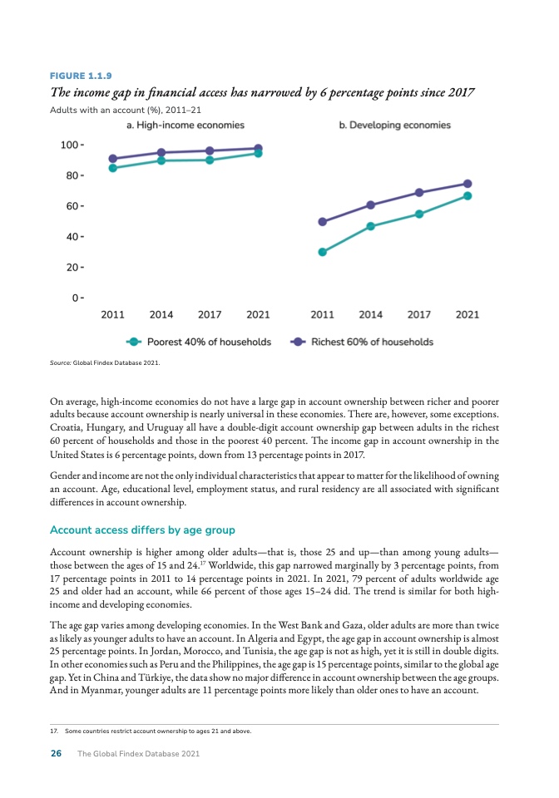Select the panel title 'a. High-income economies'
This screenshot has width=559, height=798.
[185, 125]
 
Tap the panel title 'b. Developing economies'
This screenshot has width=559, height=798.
[394, 125]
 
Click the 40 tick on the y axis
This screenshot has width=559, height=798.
[72, 236]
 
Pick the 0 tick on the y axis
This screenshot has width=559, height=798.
[75, 297]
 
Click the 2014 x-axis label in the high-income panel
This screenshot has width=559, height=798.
[161, 315]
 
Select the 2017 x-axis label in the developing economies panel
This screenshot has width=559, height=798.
[418, 315]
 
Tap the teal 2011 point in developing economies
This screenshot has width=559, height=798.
[322, 252]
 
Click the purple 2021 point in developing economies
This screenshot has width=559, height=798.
[467, 184]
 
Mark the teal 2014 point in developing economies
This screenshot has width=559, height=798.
[370, 226]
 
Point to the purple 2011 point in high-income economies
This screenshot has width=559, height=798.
[113, 159]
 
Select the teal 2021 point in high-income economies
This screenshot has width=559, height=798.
[258, 153]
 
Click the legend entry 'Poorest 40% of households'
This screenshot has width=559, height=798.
[209, 342]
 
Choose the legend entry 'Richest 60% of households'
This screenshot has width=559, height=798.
[372, 342]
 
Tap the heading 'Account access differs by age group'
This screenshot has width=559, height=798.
[143, 530]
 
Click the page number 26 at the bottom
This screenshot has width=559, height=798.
[57, 753]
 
